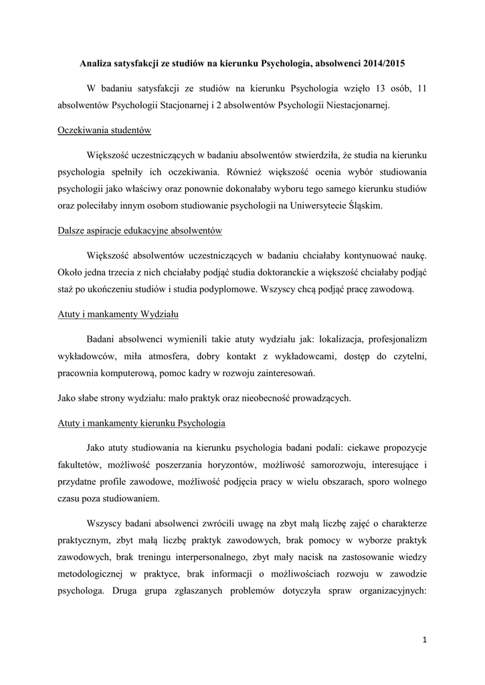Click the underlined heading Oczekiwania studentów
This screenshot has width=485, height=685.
click(104, 130)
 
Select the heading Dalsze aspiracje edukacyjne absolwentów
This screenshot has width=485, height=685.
click(140, 231)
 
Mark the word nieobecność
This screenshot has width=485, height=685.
click(273, 399)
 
